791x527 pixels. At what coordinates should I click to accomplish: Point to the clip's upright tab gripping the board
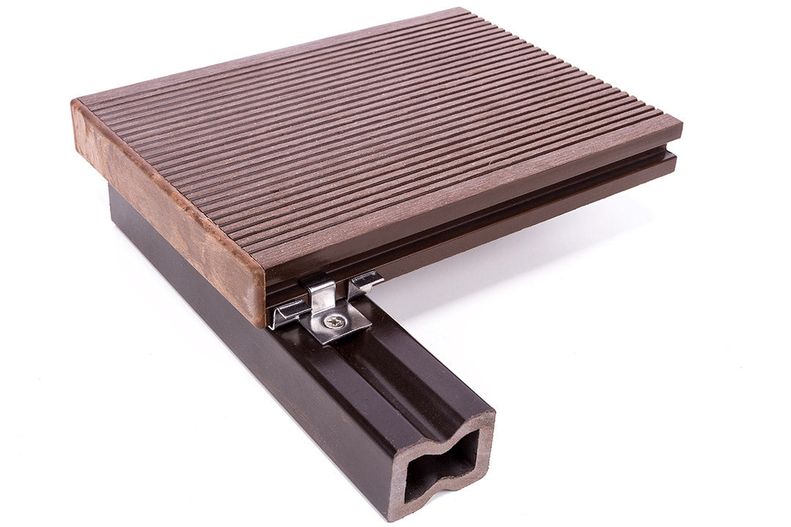[322, 294]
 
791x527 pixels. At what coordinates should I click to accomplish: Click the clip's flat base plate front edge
[334, 336]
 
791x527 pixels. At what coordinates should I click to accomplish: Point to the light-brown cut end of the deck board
[168, 212]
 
